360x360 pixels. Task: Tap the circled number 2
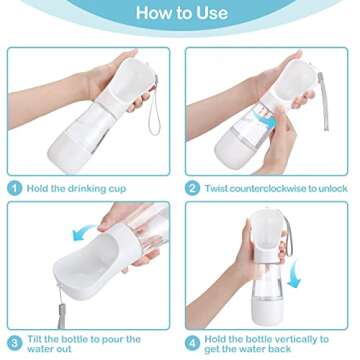[x=193, y=187]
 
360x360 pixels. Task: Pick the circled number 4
[x=193, y=342]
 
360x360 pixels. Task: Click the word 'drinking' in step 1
[x=87, y=187]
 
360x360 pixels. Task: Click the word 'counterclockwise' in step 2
[x=269, y=187]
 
